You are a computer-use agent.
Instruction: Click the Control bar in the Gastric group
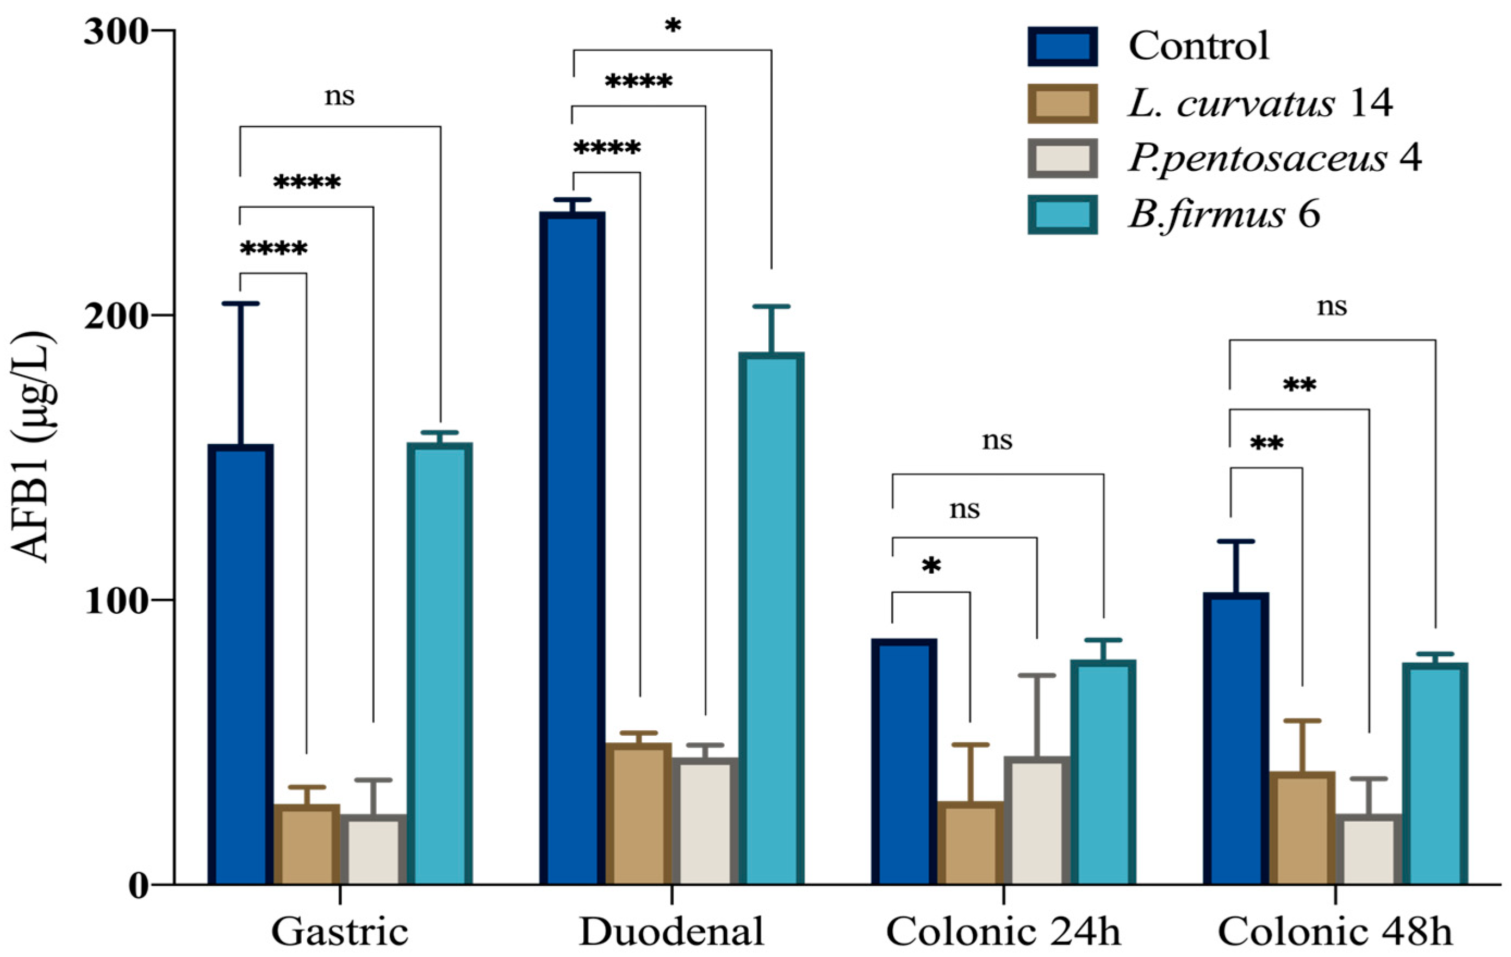pyautogui.click(x=240, y=665)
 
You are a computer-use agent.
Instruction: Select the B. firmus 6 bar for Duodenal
pyautogui.click(x=771, y=618)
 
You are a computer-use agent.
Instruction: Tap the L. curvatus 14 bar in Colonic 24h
pyautogui.click(x=970, y=843)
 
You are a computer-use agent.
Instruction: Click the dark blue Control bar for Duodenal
pyautogui.click(x=573, y=549)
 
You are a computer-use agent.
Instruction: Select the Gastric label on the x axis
pyautogui.click(x=339, y=932)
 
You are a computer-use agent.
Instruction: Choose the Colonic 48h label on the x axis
pyautogui.click(x=1335, y=932)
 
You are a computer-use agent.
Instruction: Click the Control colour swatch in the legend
pyautogui.click(x=1062, y=46)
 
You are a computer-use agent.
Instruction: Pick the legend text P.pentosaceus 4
pyautogui.click(x=1274, y=158)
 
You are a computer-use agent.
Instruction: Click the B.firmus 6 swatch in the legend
pyautogui.click(x=1062, y=215)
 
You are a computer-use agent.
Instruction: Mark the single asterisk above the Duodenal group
pyautogui.click(x=672, y=26)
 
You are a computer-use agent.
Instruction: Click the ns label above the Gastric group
pyautogui.click(x=339, y=96)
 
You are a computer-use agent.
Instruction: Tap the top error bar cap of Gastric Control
pyautogui.click(x=240, y=304)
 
